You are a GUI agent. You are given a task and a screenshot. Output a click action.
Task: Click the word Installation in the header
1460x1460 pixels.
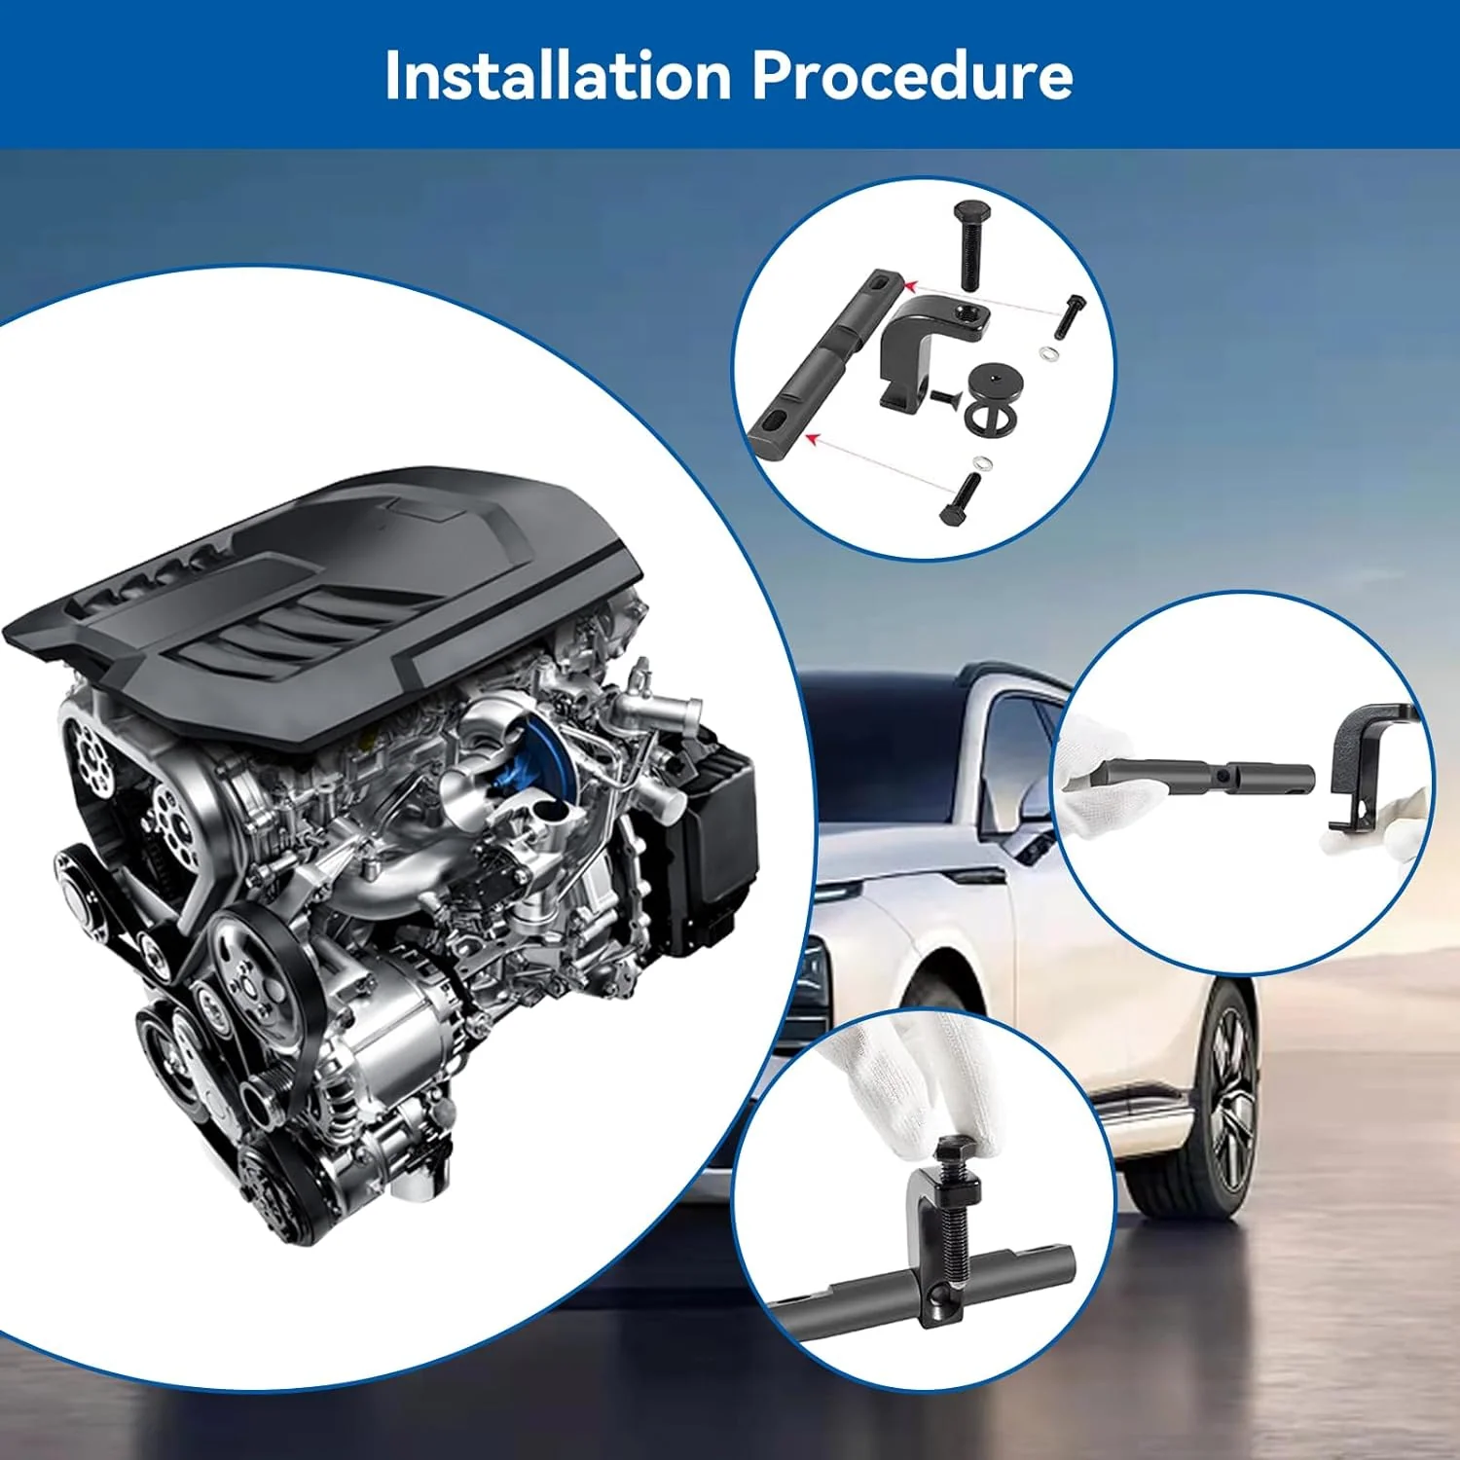pyautogui.click(x=558, y=75)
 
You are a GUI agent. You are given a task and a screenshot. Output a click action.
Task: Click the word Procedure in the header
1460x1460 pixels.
pyautogui.click(x=913, y=75)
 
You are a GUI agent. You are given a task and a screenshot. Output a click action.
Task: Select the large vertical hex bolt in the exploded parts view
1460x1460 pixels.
pyautogui.click(x=970, y=243)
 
